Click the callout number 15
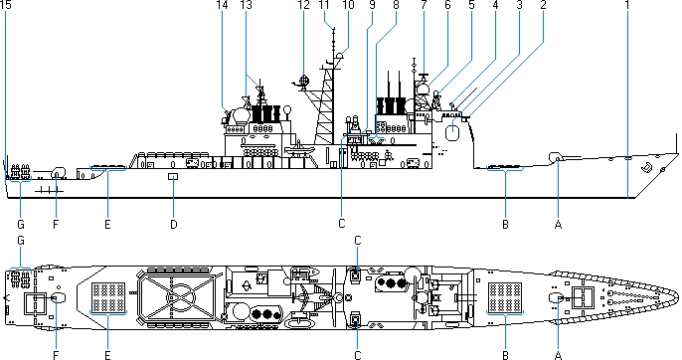6,5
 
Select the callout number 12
303,5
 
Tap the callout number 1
627,5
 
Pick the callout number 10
349,5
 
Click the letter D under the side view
174,224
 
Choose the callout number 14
222,5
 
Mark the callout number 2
543,5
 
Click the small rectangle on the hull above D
173,176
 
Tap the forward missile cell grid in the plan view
505,297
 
